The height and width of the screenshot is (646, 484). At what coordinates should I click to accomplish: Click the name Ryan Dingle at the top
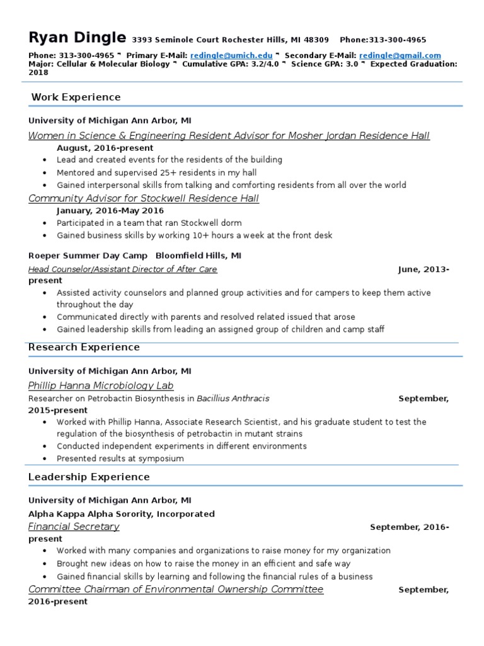click(77, 37)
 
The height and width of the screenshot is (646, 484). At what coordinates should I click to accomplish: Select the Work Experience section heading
click(76, 97)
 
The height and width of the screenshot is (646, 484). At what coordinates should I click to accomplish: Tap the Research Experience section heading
click(84, 348)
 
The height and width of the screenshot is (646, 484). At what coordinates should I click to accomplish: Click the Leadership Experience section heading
click(89, 477)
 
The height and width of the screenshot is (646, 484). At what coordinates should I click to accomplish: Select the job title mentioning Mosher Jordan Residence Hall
click(229, 136)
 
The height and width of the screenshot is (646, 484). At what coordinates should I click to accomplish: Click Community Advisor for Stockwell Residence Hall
click(144, 198)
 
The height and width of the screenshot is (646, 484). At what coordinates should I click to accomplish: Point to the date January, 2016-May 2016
click(110, 211)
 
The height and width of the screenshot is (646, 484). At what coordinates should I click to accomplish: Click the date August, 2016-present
click(105, 148)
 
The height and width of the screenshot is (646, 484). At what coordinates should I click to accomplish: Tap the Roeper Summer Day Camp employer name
click(88, 255)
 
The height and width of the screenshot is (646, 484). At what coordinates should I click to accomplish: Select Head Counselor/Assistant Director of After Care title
click(123, 269)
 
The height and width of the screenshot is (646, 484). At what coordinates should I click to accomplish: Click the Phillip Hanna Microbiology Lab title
click(101, 385)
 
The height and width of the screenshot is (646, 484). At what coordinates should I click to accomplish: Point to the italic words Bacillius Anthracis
click(233, 399)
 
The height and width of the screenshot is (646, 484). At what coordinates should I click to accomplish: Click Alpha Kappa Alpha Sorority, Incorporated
click(122, 514)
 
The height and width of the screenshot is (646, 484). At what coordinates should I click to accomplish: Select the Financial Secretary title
click(74, 527)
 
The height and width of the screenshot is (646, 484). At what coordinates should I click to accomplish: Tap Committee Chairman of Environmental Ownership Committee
click(176, 589)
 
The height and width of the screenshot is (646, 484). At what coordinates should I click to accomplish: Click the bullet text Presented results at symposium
click(120, 459)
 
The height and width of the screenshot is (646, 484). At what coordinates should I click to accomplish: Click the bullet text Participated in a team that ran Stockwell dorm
click(149, 223)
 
